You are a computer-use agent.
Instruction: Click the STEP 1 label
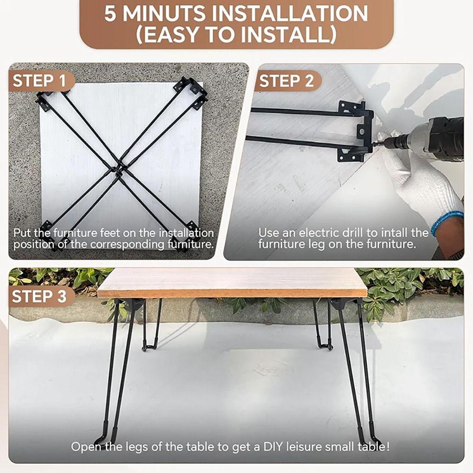pyautogui.click(x=40, y=81)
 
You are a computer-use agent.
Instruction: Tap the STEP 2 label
pyautogui.click(x=287, y=81)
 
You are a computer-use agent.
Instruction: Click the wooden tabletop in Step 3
pyautogui.click(x=232, y=282)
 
